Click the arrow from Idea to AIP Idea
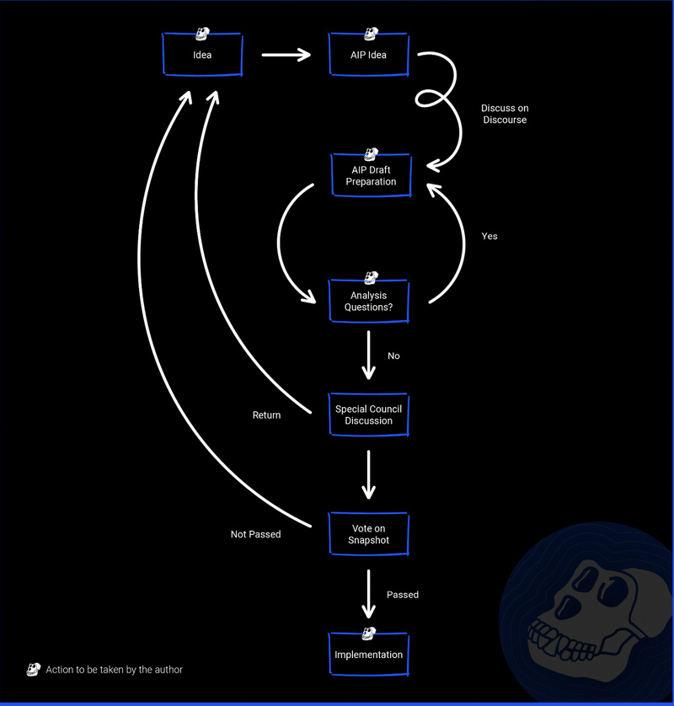pyautogui.click(x=286, y=55)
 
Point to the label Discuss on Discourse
pyautogui.click(x=505, y=114)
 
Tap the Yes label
pyautogui.click(x=489, y=236)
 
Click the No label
pyautogui.click(x=393, y=356)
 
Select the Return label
pyautogui.click(x=266, y=415)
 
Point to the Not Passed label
pyautogui.click(x=256, y=534)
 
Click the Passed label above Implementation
pyautogui.click(x=403, y=594)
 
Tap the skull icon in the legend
pyautogui.click(x=34, y=670)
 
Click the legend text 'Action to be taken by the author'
pyautogui.click(x=115, y=670)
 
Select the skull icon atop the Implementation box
pyautogui.click(x=369, y=634)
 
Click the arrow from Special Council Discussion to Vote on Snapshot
pyautogui.click(x=369, y=474)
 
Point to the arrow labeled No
pyautogui.click(x=369, y=356)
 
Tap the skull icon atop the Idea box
pyautogui.click(x=202, y=34)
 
